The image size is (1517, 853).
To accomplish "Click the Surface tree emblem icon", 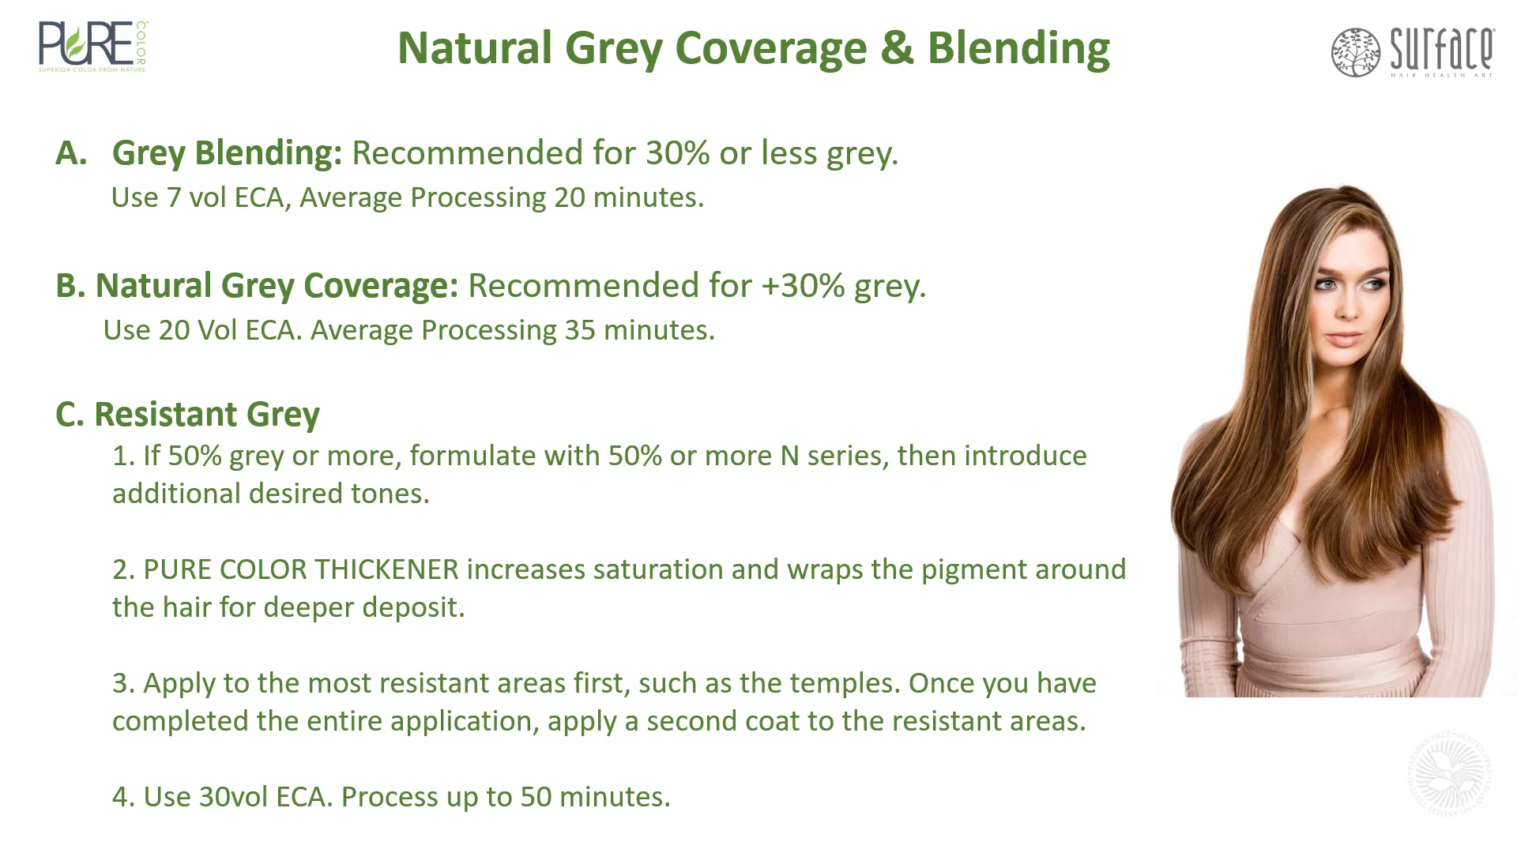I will tap(1355, 52).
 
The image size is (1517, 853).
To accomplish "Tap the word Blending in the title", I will tap(1018, 48).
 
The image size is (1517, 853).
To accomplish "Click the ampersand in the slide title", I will tap(897, 48).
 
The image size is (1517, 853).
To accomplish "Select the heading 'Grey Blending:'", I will tap(227, 153).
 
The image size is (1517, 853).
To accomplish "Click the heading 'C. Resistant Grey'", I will tap(187, 415).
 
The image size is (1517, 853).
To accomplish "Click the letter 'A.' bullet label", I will tap(71, 153).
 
